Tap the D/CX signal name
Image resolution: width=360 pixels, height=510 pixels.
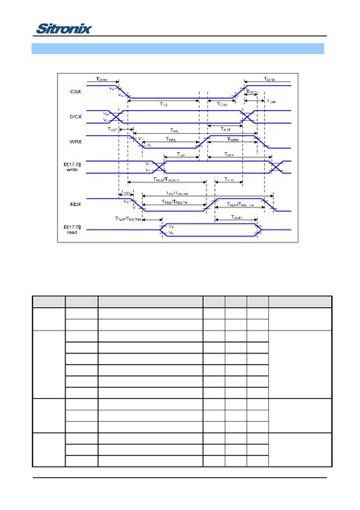pos(74,116)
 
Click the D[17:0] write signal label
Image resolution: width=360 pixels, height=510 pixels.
pos(74,166)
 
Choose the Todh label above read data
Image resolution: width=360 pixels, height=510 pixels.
pos(226,217)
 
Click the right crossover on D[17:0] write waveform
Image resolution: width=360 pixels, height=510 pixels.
pos(275,165)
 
